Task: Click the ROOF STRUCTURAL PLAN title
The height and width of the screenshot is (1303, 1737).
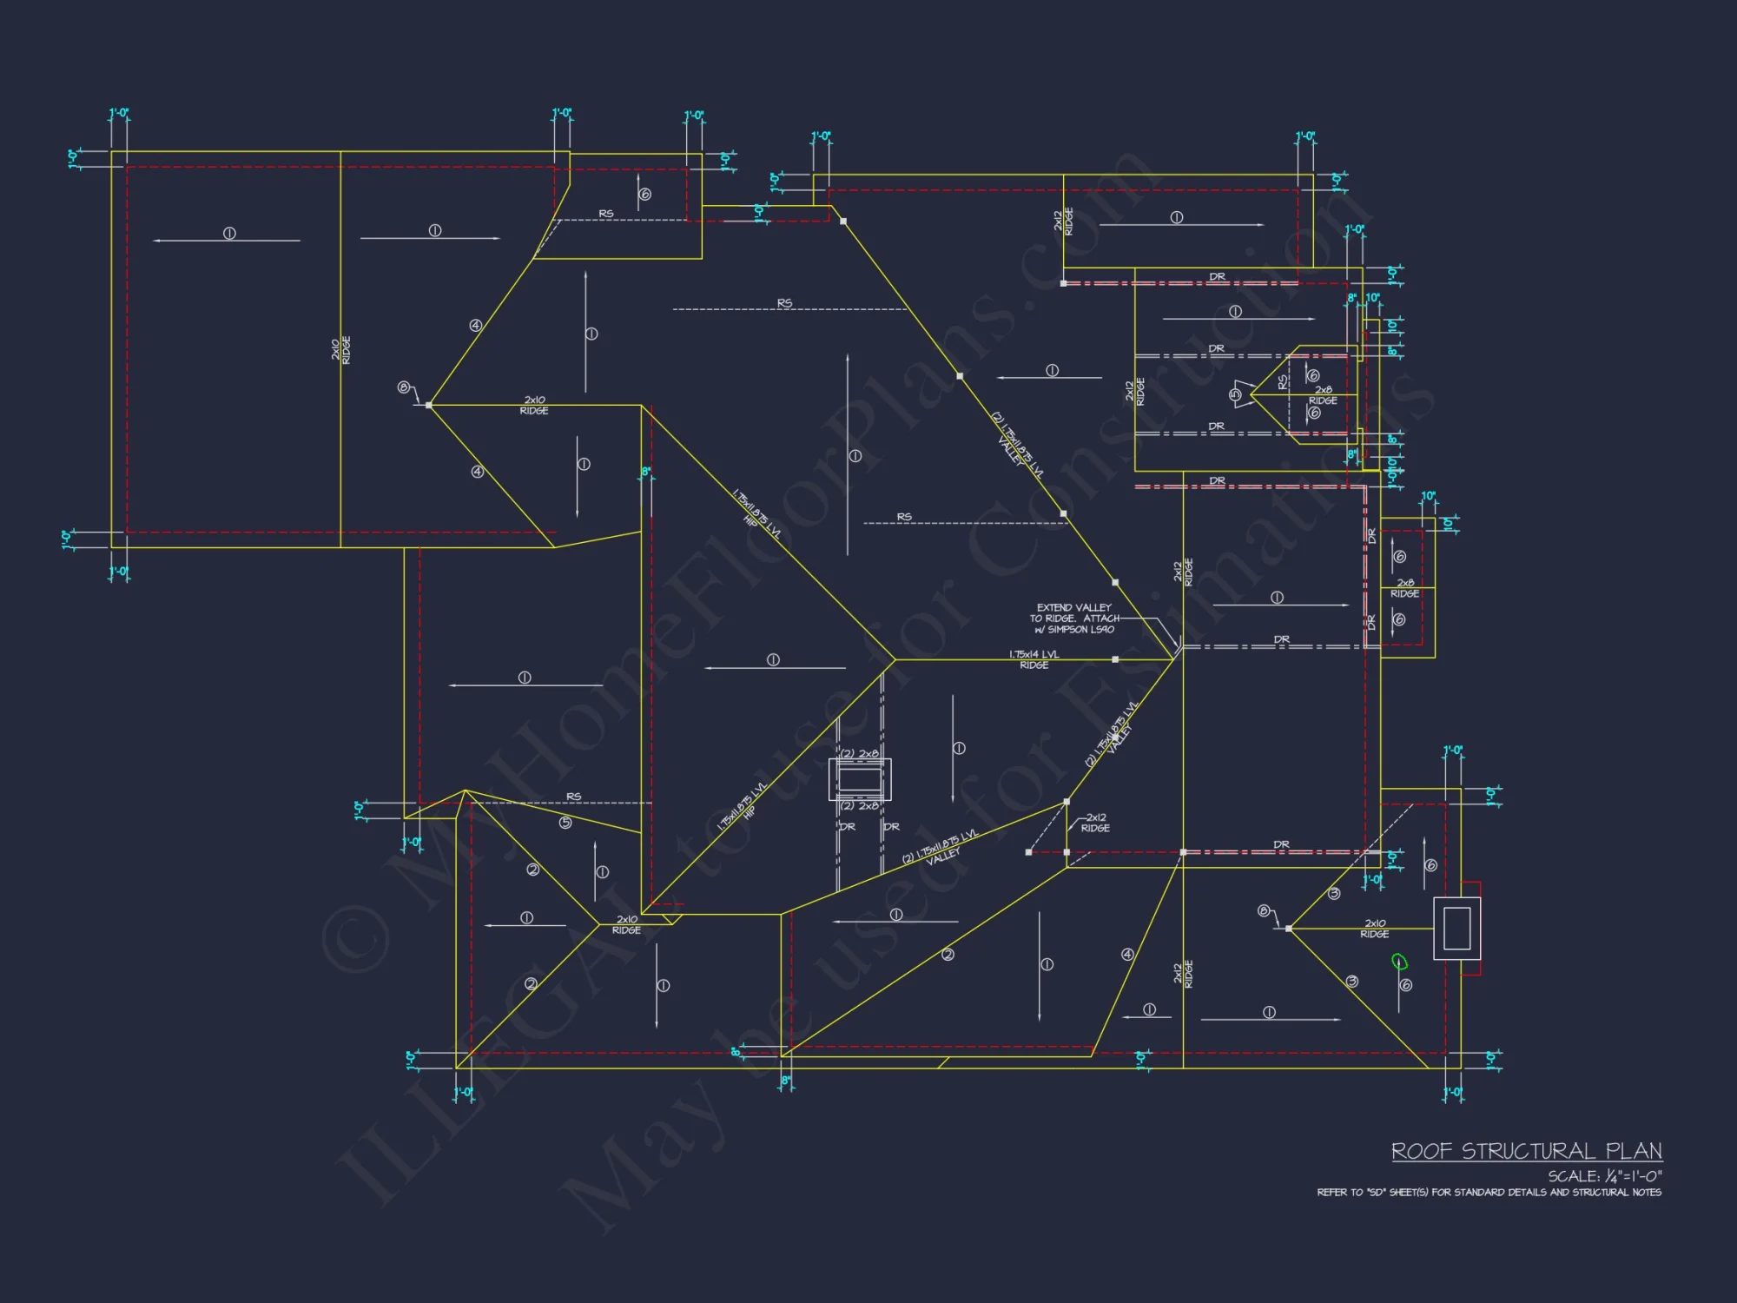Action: pyautogui.click(x=1526, y=1151)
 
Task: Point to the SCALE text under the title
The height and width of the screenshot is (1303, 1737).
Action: pyautogui.click(x=1604, y=1176)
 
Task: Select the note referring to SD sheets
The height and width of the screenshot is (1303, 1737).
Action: pyautogui.click(x=1489, y=1193)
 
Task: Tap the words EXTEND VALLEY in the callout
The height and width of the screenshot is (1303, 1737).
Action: pyautogui.click(x=1073, y=607)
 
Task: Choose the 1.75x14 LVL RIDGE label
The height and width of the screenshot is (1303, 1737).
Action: pyautogui.click(x=1034, y=659)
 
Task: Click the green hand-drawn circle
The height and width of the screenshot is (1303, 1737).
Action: pyautogui.click(x=1398, y=961)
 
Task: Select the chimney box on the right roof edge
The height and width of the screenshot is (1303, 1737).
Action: pyautogui.click(x=1456, y=928)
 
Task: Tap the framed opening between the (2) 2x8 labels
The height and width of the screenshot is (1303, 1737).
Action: pyautogui.click(x=859, y=779)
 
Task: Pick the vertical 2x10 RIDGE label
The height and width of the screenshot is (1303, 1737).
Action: pyautogui.click(x=340, y=350)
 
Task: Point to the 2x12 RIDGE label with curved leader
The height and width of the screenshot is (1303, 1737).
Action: pyautogui.click(x=1095, y=823)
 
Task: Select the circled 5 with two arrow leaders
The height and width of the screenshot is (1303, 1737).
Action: pyautogui.click(x=1235, y=394)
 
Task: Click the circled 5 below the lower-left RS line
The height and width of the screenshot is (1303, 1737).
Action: pyautogui.click(x=565, y=823)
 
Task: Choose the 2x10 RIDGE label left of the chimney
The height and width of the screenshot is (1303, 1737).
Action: pyautogui.click(x=1374, y=929)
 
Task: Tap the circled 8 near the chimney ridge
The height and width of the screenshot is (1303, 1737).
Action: pyautogui.click(x=1264, y=910)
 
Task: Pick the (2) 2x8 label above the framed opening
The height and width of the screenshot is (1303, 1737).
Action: pyautogui.click(x=859, y=754)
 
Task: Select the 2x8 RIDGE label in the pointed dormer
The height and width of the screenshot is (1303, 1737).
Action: pyautogui.click(x=1323, y=395)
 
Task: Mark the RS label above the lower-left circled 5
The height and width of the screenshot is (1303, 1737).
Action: pyautogui.click(x=573, y=797)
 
